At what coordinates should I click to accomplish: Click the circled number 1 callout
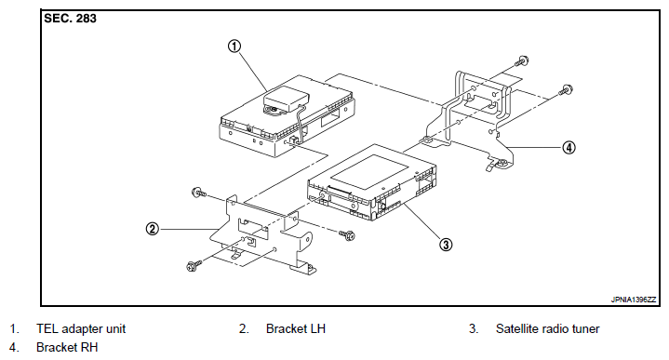coord(234,47)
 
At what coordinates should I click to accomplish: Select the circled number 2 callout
coord(153,229)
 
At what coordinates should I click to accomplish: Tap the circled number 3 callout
coord(446,245)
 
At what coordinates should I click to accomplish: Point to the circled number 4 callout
coord(569,148)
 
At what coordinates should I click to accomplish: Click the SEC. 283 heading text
coord(71,19)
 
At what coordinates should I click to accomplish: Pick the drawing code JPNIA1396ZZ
coord(634,300)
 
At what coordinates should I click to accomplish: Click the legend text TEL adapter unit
coord(81,329)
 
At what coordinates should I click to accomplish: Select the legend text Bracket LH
coord(296,329)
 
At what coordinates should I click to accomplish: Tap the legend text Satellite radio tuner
coord(547,329)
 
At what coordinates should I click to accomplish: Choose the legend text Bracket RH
coord(67,348)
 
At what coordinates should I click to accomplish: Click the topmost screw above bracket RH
coord(522,61)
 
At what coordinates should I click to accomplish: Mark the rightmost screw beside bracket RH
coord(566,90)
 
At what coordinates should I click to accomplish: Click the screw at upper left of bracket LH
coord(199,193)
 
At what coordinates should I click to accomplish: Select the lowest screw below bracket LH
coord(194,266)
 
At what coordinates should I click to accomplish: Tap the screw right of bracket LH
coord(348,234)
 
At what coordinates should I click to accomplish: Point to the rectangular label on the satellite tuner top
coord(369,172)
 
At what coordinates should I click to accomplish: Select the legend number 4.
coord(14,348)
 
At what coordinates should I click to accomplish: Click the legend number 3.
coord(474,329)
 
